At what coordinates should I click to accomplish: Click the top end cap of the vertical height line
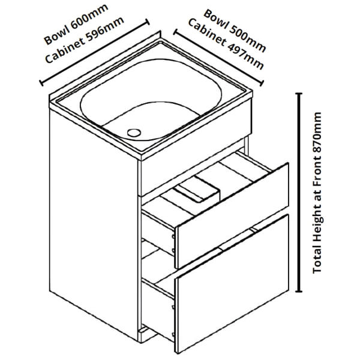[x=299, y=94]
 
